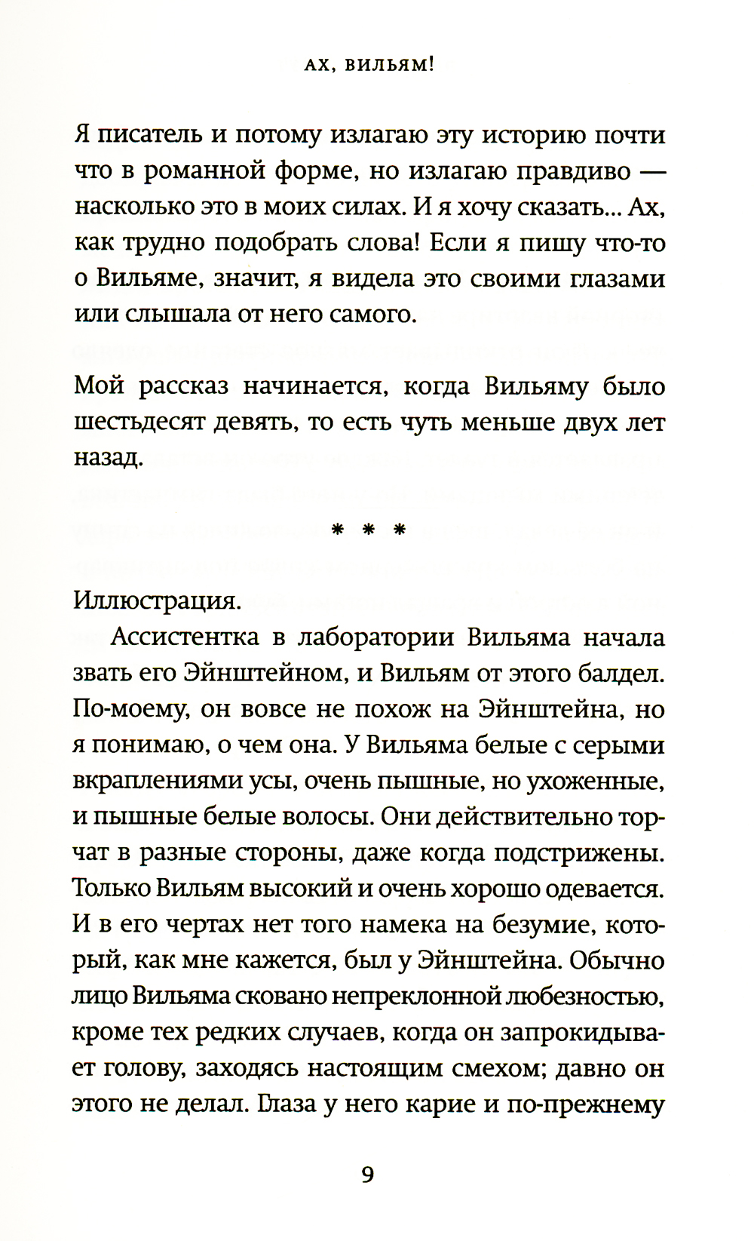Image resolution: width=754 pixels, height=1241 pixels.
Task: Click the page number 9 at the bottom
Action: pyautogui.click(x=367, y=1175)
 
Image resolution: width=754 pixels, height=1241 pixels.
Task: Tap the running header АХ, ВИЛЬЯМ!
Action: pyautogui.click(x=369, y=66)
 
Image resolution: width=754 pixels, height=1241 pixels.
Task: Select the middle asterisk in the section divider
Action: pyautogui.click(x=369, y=530)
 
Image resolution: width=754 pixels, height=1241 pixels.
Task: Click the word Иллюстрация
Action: pyautogui.click(x=157, y=601)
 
